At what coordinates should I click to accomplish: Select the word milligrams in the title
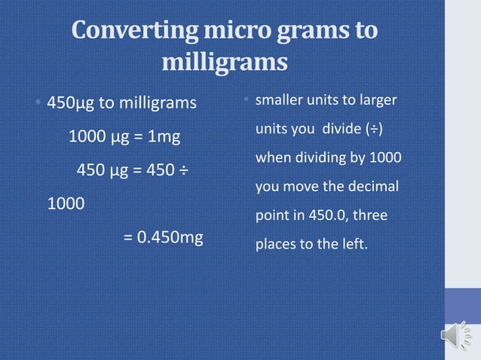click(225, 63)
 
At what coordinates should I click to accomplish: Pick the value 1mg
click(162, 138)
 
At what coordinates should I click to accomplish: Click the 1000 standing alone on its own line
click(66, 204)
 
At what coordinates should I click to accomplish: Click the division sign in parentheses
click(373, 130)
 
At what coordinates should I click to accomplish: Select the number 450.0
click(326, 215)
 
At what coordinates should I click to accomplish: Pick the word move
click(307, 187)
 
